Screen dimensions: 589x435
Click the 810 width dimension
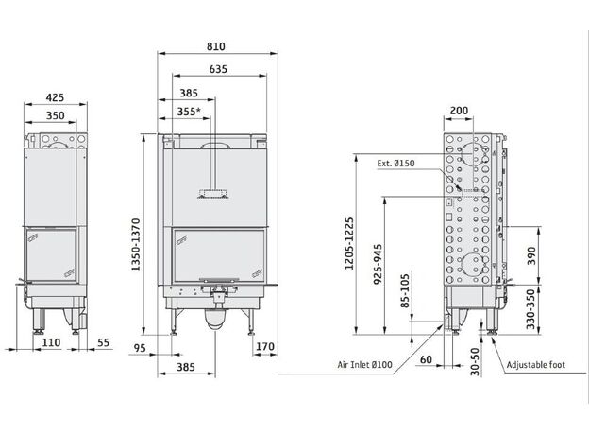click(x=216, y=46)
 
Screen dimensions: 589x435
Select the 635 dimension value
click(x=218, y=69)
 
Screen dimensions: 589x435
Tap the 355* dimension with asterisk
click(x=189, y=112)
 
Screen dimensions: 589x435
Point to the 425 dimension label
click(x=55, y=97)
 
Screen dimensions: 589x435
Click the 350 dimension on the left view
click(x=55, y=115)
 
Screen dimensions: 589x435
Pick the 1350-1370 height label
click(x=136, y=245)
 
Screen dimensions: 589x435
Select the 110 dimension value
click(x=51, y=342)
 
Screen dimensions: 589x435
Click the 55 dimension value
click(x=103, y=342)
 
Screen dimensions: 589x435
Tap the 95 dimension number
click(x=140, y=348)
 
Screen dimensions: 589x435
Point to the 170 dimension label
click(x=265, y=346)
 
